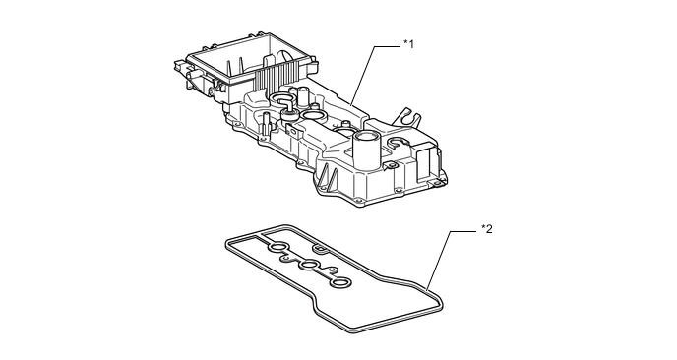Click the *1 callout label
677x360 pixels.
(x=408, y=43)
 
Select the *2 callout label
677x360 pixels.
(x=486, y=229)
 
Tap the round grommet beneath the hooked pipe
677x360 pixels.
(x=289, y=114)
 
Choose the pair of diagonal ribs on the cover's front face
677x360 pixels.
(x=328, y=176)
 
